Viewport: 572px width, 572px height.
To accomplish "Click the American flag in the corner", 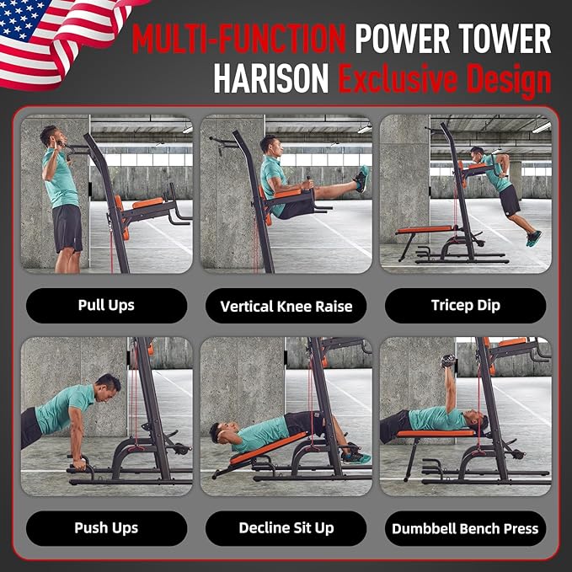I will (51, 38).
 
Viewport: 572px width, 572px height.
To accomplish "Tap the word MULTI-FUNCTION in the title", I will (238, 39).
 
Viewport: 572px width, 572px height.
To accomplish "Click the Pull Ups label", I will (106, 306).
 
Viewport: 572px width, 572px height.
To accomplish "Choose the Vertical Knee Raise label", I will (286, 306).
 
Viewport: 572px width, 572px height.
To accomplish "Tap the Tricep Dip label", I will (466, 306).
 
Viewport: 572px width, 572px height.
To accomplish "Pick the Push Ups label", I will (106, 528).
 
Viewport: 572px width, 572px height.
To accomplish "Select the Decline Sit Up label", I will (286, 528).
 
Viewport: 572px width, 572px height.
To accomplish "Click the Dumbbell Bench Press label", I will (466, 529).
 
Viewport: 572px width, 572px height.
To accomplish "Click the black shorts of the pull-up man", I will (67, 227).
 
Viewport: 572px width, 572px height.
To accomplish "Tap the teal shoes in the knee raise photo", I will (361, 178).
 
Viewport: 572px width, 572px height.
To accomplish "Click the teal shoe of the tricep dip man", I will (533, 238).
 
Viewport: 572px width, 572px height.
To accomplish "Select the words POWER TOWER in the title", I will (452, 39).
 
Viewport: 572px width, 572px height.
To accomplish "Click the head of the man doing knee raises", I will (269, 144).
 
